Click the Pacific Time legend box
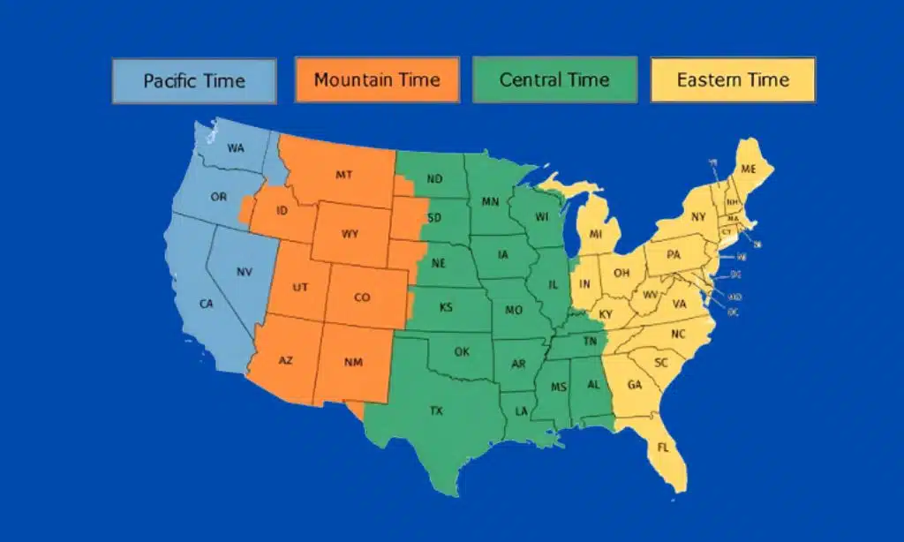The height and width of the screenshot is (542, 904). tap(194, 81)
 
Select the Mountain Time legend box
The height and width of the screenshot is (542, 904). tap(376, 80)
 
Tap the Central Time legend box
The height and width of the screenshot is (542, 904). tap(554, 80)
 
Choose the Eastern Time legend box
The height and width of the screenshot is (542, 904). tap(733, 80)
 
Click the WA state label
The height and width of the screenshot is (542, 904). tap(236, 148)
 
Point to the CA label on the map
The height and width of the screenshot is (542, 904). tap(207, 304)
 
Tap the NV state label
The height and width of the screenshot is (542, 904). tap(245, 272)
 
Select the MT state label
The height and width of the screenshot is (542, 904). tap(344, 175)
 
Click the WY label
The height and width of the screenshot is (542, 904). tap(350, 235)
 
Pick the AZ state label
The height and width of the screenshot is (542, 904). tap(286, 361)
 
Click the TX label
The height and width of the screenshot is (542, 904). tap(436, 410)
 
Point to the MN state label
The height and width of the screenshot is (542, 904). tap(490, 202)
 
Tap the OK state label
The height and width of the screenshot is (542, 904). tap(462, 351)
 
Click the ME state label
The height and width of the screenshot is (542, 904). tap(749, 169)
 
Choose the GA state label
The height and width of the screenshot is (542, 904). tap(634, 385)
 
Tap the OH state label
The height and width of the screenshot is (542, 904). tap(621, 273)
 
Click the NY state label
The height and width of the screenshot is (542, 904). tap(698, 216)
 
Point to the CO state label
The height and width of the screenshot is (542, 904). tap(362, 297)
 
